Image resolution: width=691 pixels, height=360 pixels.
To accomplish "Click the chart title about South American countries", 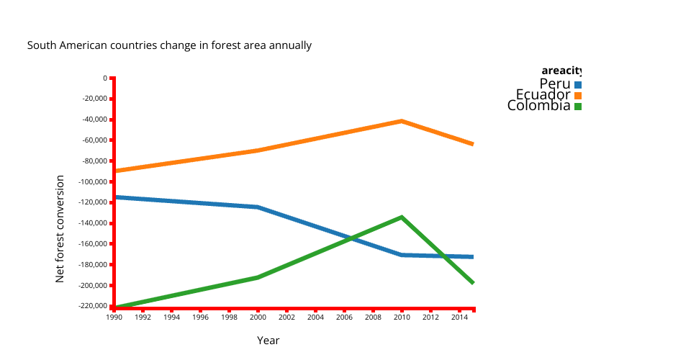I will pos(169,45).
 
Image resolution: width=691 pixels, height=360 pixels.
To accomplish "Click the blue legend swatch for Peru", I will pos(578,85).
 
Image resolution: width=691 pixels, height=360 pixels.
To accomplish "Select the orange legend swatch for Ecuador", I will pos(578,96).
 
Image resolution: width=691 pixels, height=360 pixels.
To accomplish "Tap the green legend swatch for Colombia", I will pos(578,107).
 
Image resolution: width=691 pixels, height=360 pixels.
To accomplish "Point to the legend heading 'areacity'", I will pos(561,71).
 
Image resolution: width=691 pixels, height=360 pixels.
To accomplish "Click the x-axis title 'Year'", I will pos(268,341).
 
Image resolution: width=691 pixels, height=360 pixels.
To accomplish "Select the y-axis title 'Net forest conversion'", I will pos(60,228).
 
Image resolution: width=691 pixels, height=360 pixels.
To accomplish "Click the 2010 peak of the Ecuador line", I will pos(402,121).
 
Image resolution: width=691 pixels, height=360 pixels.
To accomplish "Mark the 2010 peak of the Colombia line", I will pos(402,217).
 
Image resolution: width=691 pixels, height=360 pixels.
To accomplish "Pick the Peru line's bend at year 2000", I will pos(258,207).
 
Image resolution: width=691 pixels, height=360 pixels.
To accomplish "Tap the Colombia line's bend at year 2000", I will pos(258,277).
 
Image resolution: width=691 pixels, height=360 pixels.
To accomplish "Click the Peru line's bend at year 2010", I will pos(402,255).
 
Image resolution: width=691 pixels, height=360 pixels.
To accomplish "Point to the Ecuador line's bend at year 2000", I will pos(258,150).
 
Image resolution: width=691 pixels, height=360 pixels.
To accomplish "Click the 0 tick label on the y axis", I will pos(104,78).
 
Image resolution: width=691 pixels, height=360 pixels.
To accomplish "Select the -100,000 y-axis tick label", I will pos(91,181).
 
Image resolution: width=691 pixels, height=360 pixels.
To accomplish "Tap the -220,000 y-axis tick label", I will pos(91,306).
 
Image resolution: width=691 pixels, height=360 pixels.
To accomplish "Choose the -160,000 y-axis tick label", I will pos(91,244).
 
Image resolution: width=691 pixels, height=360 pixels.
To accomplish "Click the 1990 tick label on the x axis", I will pos(114,317).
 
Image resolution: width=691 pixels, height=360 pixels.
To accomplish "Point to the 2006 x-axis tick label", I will pos(344,317).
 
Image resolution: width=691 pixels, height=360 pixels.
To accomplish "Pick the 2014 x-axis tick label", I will pos(459,317).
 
